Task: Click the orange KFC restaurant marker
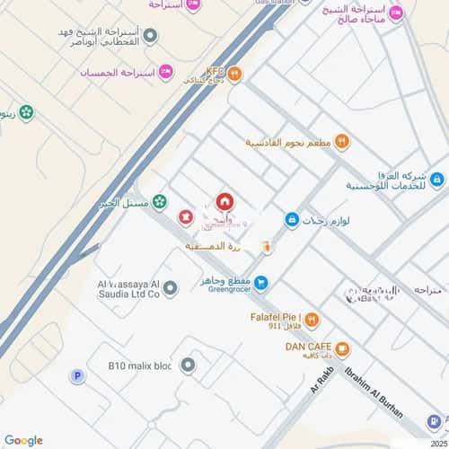point(233,74)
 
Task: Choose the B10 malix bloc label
point(138,365)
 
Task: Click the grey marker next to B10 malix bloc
point(187,365)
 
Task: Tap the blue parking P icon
point(77,376)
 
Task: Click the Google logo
point(23,440)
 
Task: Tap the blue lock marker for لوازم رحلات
point(291,218)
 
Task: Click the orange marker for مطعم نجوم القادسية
point(342,142)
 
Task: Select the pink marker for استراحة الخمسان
point(164,71)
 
